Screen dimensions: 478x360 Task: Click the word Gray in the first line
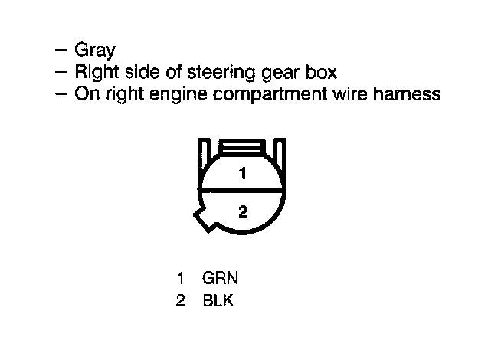coord(94,51)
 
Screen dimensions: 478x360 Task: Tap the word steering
coord(224,73)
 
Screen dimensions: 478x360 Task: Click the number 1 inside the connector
coord(243,174)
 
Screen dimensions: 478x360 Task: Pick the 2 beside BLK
coord(180,300)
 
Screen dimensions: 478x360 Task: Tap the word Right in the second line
coord(96,73)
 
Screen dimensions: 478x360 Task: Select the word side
coord(142,73)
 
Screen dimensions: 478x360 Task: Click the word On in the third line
coord(84,95)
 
